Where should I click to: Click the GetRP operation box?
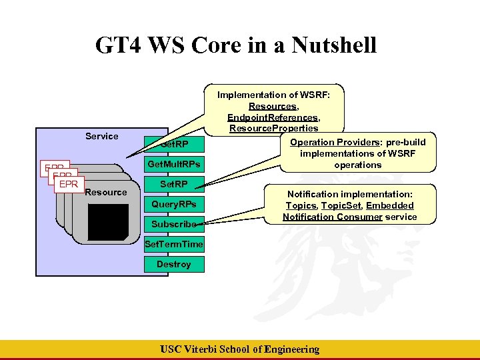tap(175, 144)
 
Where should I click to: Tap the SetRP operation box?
tap(174, 184)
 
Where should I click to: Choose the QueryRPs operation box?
tap(174, 204)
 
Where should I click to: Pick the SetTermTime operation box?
tap(174, 244)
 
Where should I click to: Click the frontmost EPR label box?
tap(67, 183)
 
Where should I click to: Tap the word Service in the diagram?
tap(102, 136)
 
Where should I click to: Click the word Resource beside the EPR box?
tap(106, 192)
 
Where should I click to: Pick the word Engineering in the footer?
tap(291, 349)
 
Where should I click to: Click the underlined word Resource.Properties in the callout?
tap(273, 128)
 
